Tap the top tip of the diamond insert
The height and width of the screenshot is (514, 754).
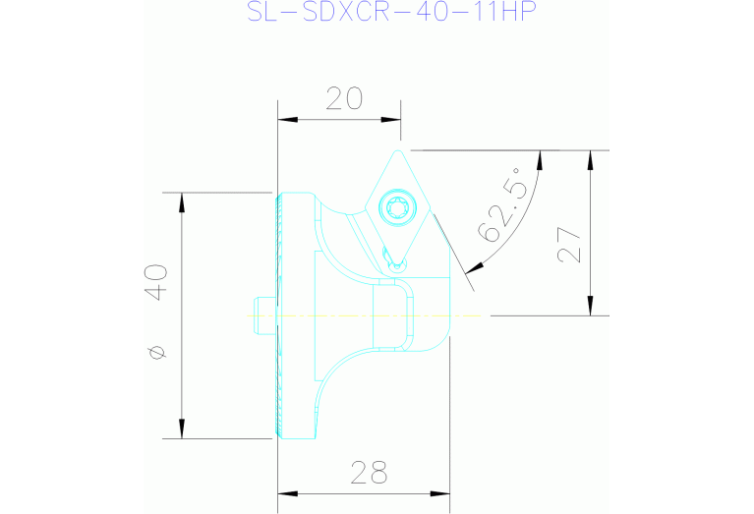[x=399, y=151]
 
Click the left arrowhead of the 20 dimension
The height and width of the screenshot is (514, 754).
[x=286, y=120]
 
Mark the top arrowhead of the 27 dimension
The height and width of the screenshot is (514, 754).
[x=591, y=160]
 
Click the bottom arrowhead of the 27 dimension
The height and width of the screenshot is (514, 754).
[x=591, y=307]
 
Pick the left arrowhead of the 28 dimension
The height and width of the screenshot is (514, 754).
[x=286, y=492]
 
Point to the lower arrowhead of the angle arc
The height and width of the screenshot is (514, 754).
[x=478, y=265]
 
